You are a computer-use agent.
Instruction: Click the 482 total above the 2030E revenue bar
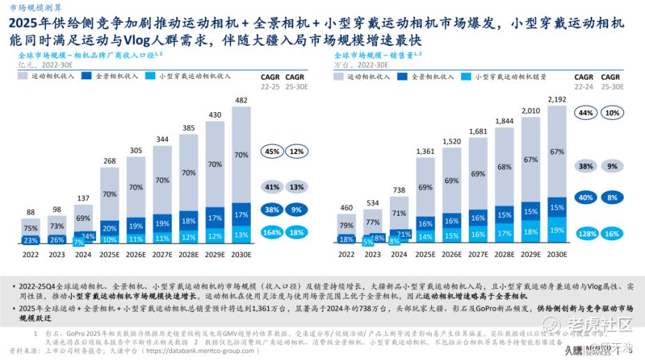click(x=240, y=100)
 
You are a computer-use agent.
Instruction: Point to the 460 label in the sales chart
click(x=346, y=207)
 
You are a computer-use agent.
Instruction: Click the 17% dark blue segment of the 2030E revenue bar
click(x=240, y=215)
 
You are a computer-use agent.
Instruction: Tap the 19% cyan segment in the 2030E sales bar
click(x=557, y=230)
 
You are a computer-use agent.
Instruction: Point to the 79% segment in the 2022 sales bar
click(x=346, y=225)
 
